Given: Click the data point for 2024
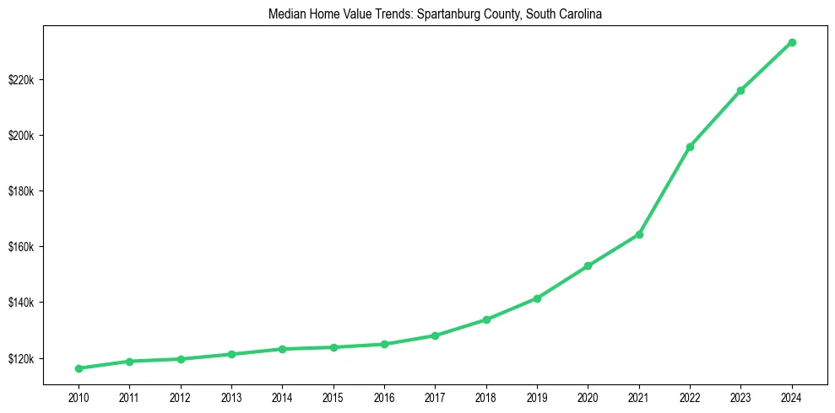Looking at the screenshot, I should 792,42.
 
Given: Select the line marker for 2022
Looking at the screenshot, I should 690,147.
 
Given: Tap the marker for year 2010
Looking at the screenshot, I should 79,368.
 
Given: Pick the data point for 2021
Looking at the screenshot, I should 639,234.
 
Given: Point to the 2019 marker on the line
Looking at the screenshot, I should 537,298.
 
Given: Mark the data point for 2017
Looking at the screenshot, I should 435,335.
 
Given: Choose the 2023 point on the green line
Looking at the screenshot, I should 740,90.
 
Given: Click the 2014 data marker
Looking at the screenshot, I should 282,349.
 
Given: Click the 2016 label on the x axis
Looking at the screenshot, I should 384,396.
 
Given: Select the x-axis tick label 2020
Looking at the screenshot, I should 588,396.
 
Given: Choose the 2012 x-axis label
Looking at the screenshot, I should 180,396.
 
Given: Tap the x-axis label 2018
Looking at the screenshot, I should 486,396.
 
